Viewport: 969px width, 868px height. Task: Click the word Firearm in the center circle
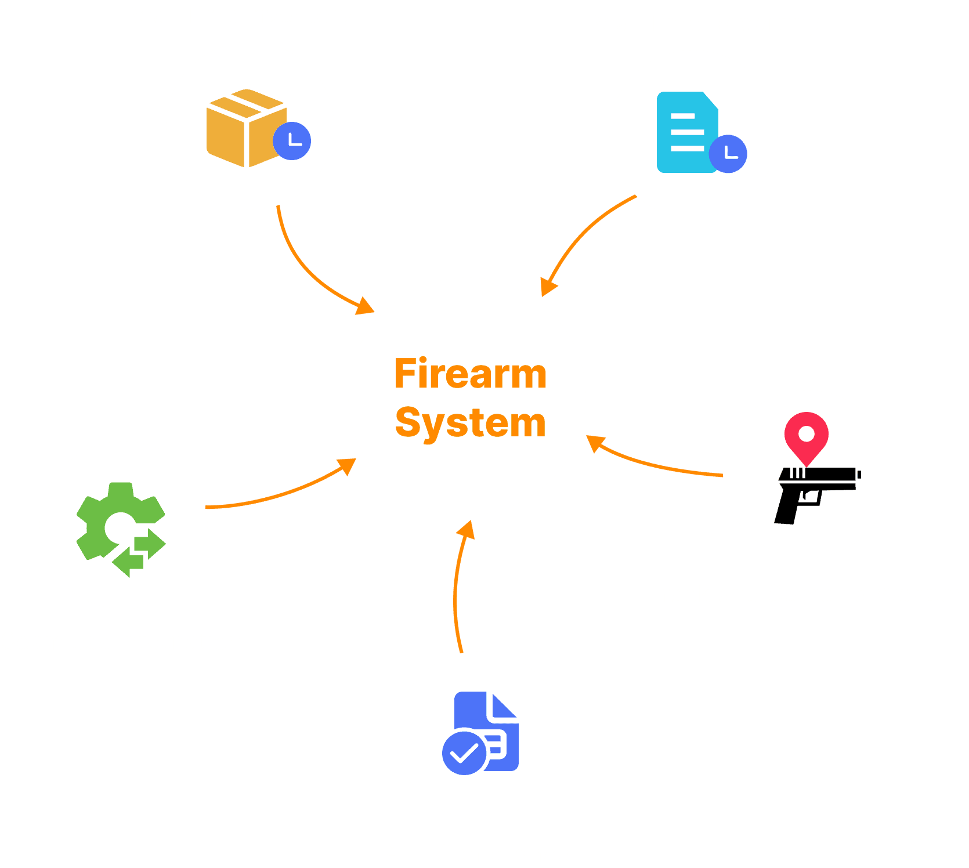click(x=470, y=374)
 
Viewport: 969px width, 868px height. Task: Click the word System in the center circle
click(x=470, y=423)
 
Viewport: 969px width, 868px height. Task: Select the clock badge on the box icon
click(x=292, y=141)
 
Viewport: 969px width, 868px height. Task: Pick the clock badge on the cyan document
click(x=728, y=154)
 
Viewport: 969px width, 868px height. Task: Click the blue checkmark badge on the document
click(x=464, y=753)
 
